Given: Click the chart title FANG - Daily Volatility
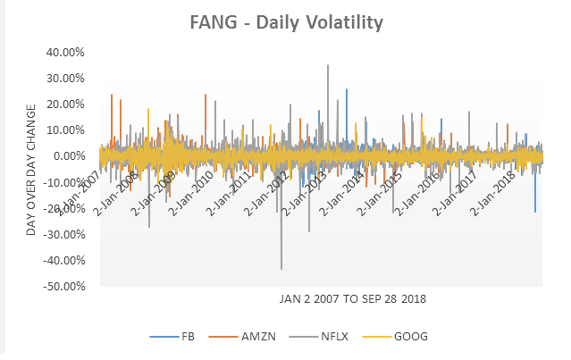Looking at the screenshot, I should (x=285, y=21).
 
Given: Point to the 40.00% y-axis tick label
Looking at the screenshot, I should (x=65, y=52).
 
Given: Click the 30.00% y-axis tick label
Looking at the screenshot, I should (x=65, y=78).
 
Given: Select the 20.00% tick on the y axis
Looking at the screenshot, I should (x=65, y=104).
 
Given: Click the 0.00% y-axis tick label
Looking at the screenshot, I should (x=68, y=156).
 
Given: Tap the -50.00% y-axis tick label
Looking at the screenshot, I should (x=63, y=287).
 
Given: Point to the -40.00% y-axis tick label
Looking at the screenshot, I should (x=63, y=261).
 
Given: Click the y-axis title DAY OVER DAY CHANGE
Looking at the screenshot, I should (x=32, y=170).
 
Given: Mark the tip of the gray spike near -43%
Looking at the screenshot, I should (x=281, y=269).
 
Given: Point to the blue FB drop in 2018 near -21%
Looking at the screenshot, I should (x=535, y=212).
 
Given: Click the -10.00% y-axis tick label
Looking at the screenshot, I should (x=63, y=182).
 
